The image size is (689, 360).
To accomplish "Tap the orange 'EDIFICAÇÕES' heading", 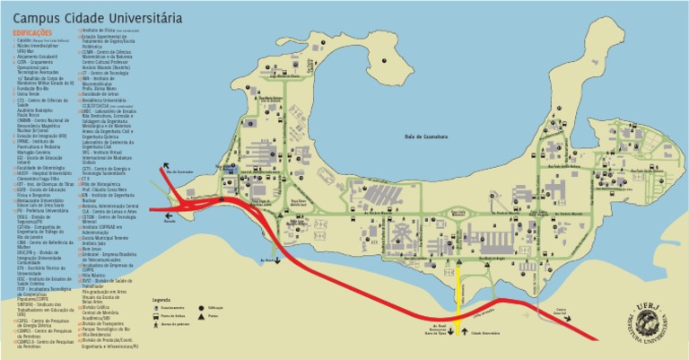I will pyautogui.click(x=33, y=32).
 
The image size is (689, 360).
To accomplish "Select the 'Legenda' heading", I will pyautogui.click(x=161, y=298).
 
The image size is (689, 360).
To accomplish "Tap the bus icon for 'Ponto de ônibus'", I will pyautogui.click(x=155, y=316).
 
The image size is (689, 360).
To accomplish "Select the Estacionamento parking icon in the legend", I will pyautogui.click(x=155, y=308).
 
